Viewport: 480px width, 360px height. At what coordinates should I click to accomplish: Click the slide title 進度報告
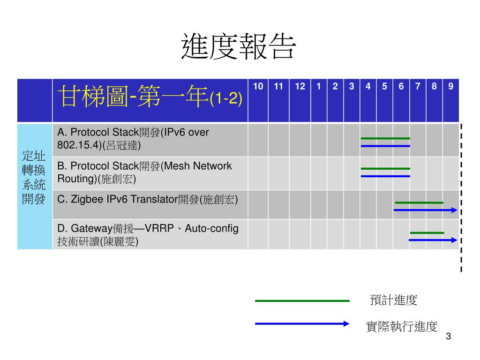tap(239, 47)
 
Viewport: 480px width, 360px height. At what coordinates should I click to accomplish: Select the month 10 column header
tap(258, 86)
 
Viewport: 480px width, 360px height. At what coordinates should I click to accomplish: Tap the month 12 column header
tap(300, 86)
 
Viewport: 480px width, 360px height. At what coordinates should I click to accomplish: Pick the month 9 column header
tap(450, 86)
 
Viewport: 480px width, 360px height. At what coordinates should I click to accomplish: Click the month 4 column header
tap(368, 86)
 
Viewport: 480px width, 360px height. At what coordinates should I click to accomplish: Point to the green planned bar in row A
tap(385, 138)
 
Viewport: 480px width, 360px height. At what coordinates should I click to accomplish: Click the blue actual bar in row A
tap(385, 146)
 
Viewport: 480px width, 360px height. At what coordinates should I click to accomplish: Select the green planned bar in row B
tap(385, 168)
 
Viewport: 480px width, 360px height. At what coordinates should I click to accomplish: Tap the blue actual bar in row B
tap(385, 176)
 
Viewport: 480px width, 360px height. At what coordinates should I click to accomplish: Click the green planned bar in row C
tap(419, 202)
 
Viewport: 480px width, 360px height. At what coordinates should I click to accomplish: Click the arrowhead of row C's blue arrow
tap(454, 210)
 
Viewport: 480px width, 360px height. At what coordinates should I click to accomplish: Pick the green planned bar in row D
tap(427, 232)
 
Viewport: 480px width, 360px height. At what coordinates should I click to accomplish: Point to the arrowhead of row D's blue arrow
tap(454, 240)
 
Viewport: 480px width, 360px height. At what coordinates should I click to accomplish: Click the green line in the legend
tap(302, 301)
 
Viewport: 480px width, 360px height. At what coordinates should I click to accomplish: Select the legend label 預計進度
tap(393, 300)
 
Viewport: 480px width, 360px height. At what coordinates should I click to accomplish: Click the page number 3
tap(449, 337)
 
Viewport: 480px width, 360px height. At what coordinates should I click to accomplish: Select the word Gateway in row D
tap(91, 229)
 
